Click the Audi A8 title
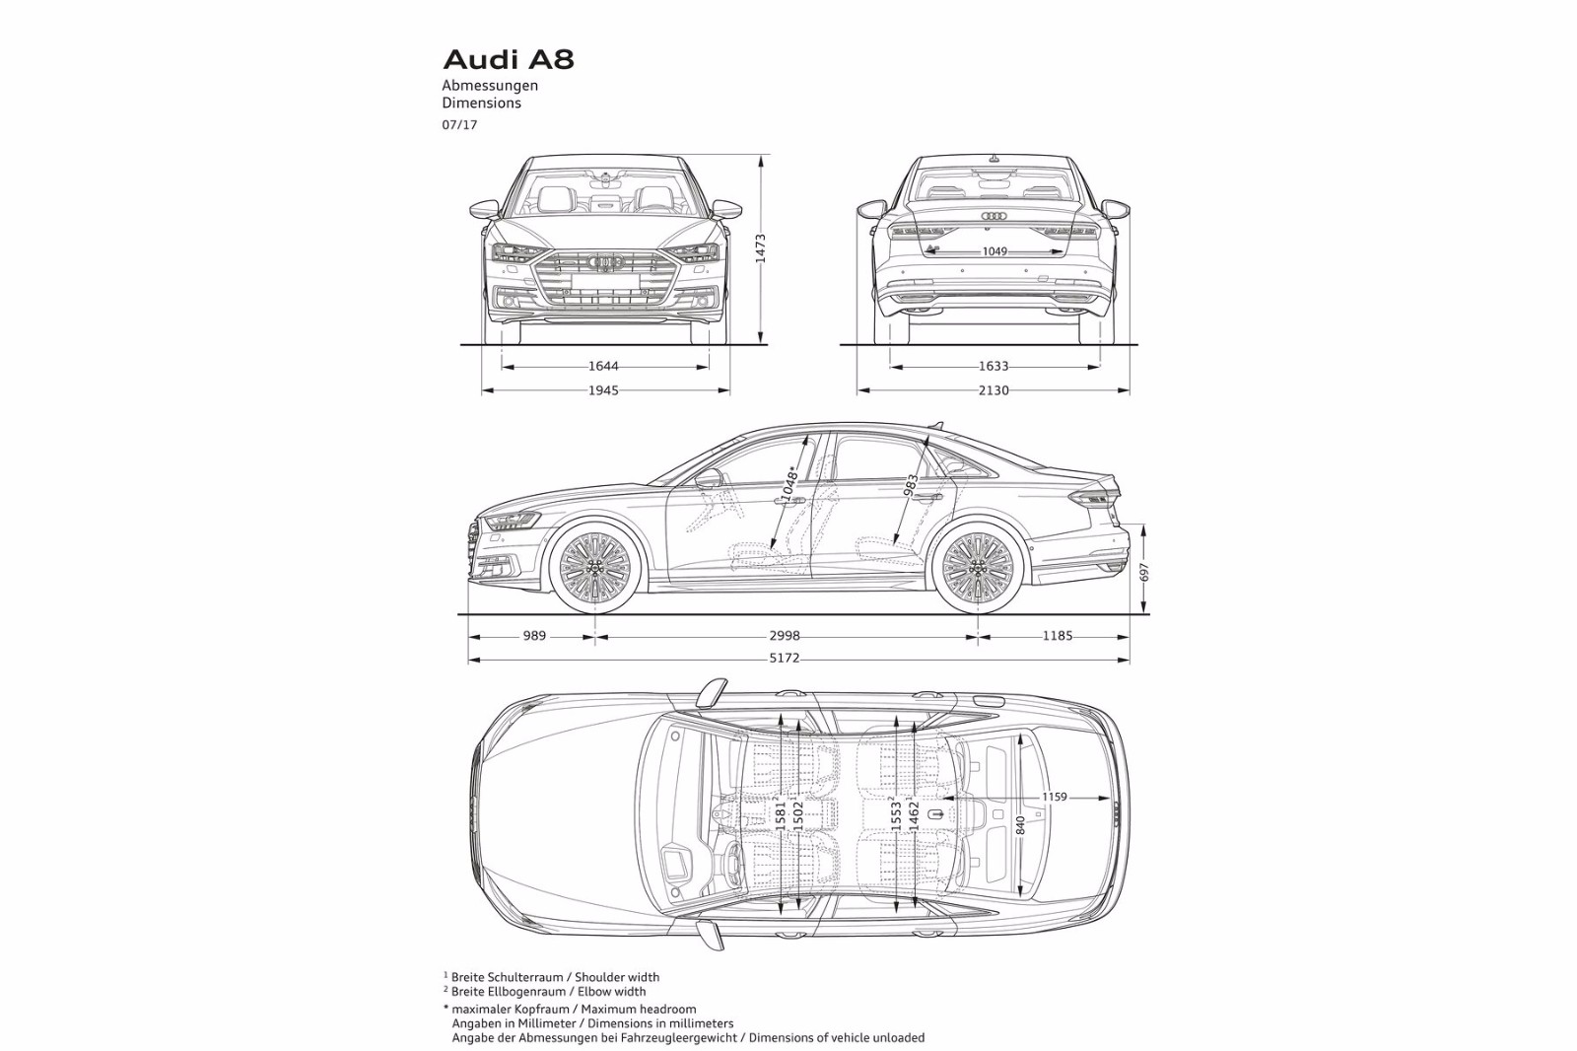click(508, 59)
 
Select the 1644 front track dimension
click(603, 367)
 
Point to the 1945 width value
click(603, 390)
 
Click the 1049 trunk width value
click(994, 252)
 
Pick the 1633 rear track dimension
click(994, 367)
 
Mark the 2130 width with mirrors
click(994, 390)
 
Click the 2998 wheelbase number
click(786, 636)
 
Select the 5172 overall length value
click(785, 659)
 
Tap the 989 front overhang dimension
click(534, 636)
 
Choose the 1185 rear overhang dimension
click(1057, 636)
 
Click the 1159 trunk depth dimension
click(1054, 797)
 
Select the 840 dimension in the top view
click(1020, 825)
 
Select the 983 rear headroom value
click(911, 484)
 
